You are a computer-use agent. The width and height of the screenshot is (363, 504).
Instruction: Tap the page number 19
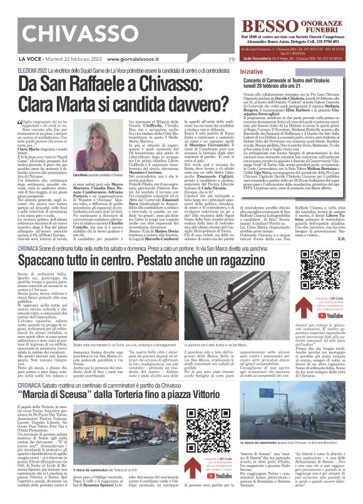coord(231,60)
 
